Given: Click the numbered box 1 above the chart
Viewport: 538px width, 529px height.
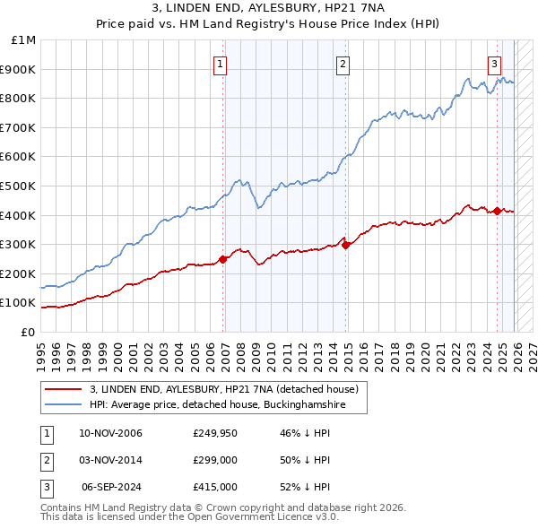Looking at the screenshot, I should (220, 63).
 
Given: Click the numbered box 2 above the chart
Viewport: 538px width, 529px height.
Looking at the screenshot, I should (343, 63).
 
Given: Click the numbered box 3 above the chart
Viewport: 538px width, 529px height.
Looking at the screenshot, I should (494, 63).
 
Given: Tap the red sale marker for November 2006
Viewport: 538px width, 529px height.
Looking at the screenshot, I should (224, 259).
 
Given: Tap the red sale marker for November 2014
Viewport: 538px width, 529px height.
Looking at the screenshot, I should (346, 245).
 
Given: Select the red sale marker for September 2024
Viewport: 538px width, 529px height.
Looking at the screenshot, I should (497, 211).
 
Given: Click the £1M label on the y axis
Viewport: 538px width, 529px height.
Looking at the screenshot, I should (24, 39).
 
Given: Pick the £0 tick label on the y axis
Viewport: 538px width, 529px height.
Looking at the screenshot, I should (29, 332).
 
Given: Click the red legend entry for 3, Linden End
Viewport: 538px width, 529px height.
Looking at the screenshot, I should (224, 389).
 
